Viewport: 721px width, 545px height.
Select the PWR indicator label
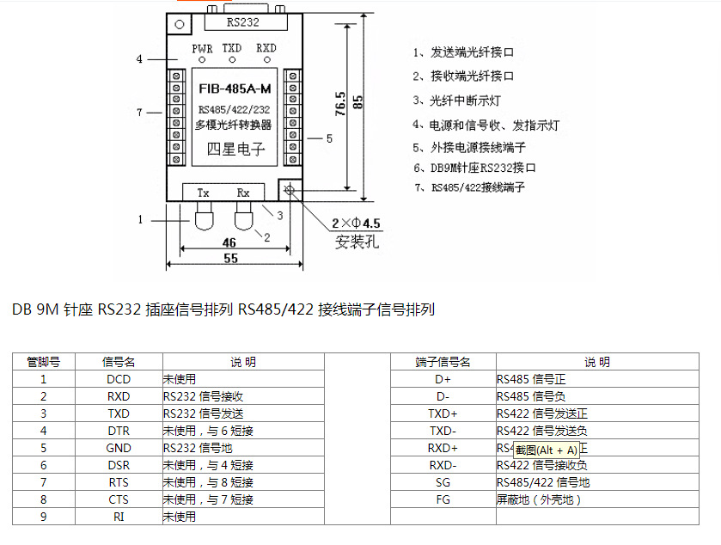click(x=202, y=49)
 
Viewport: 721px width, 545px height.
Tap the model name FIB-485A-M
click(x=234, y=89)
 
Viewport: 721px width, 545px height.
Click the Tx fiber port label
click(x=204, y=193)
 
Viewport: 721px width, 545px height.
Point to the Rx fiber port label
click(x=243, y=193)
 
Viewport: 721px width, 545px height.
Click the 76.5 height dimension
click(x=340, y=103)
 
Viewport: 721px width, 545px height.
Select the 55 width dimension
click(x=230, y=257)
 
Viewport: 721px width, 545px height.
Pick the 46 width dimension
click(x=229, y=242)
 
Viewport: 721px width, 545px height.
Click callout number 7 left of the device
click(x=139, y=113)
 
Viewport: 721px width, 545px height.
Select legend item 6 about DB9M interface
click(x=474, y=168)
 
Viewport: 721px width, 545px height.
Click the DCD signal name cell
click(x=119, y=378)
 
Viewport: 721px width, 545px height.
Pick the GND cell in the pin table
click(x=119, y=448)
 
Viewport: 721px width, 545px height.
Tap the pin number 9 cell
click(x=43, y=517)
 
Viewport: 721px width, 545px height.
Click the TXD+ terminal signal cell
click(x=443, y=413)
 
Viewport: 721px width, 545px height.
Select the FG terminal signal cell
click(x=443, y=499)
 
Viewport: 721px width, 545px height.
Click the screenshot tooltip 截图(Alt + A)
click(x=546, y=450)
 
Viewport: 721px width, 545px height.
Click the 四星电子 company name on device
click(x=235, y=150)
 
